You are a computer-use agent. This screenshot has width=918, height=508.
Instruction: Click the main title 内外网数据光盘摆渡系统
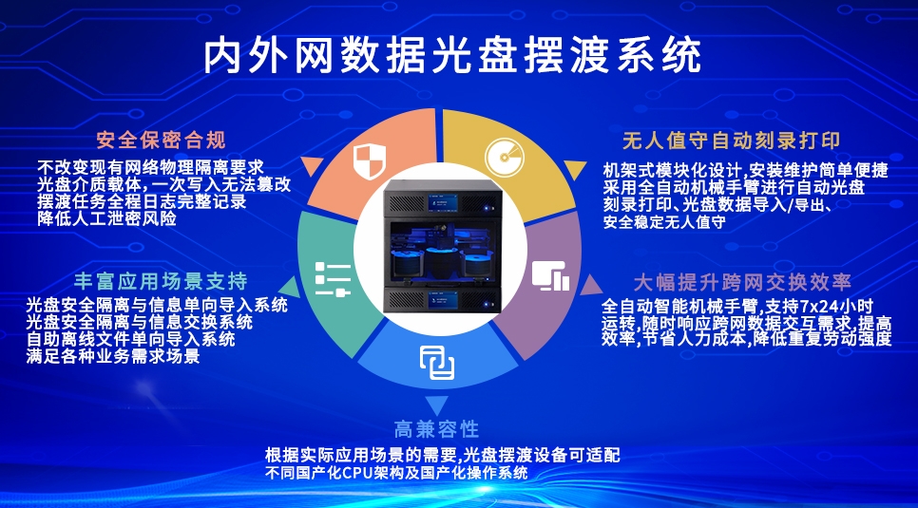453,56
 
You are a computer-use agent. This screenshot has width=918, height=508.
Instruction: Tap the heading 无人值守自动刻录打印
731,141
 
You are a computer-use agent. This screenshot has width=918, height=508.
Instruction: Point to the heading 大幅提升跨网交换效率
742,282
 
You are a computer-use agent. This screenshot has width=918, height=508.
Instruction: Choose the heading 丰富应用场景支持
162,282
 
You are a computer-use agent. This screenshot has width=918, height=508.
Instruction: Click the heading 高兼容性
436,429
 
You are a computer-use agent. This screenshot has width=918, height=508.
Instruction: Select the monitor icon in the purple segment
550,275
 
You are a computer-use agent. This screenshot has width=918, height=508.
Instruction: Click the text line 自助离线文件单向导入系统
131,340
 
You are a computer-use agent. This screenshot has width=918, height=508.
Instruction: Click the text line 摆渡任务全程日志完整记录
142,201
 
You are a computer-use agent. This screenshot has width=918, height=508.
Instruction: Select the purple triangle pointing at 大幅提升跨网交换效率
589,284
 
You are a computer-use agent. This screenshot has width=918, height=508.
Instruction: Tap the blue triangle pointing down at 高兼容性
437,403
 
